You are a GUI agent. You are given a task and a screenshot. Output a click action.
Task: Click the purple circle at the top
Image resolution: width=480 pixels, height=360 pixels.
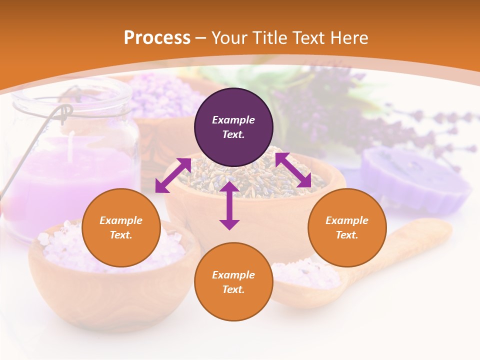(x=233, y=127)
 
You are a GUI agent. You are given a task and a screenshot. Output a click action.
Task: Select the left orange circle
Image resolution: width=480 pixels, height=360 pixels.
(x=121, y=228)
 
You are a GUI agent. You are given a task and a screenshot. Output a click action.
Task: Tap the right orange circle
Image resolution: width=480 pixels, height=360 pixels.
(x=347, y=228)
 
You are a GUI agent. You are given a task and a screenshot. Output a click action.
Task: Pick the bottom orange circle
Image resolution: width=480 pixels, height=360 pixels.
(x=233, y=282)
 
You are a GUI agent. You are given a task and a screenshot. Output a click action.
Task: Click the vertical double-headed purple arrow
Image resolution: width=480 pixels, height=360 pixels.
(x=229, y=205)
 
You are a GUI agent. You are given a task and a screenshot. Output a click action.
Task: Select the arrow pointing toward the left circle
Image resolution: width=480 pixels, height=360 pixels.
(x=173, y=175)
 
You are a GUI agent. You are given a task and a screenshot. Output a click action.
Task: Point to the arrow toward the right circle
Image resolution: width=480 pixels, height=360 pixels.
(x=293, y=170)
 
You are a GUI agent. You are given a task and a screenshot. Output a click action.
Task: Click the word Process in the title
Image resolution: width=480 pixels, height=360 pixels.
(x=157, y=37)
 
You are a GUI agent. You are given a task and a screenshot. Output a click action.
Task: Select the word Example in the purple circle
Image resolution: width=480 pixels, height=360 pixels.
(x=233, y=120)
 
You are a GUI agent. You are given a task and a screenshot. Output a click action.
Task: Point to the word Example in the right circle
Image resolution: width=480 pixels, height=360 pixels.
(x=347, y=220)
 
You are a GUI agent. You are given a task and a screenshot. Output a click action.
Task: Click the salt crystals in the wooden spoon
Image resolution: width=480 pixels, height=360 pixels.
(x=305, y=272)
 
